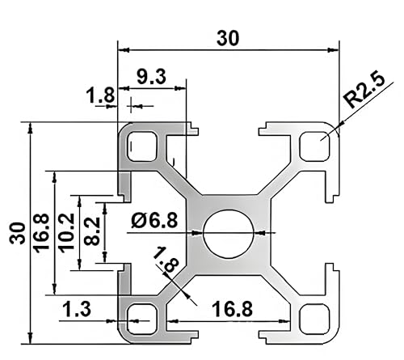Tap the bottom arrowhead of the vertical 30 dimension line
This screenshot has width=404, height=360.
point(30,339)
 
